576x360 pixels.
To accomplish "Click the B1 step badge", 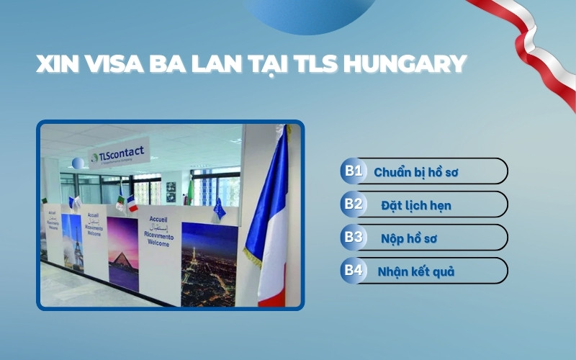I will [353, 171].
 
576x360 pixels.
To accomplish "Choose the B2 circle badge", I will [353, 204].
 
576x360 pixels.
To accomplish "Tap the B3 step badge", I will [353, 238].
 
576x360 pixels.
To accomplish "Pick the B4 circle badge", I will [353, 271].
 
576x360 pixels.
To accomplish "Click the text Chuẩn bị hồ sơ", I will [416, 172].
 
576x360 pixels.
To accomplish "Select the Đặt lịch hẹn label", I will [416, 205].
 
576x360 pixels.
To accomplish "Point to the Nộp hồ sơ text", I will [409, 238].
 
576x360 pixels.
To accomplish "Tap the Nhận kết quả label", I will [416, 271].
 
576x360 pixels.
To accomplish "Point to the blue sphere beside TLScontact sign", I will [78, 163].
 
